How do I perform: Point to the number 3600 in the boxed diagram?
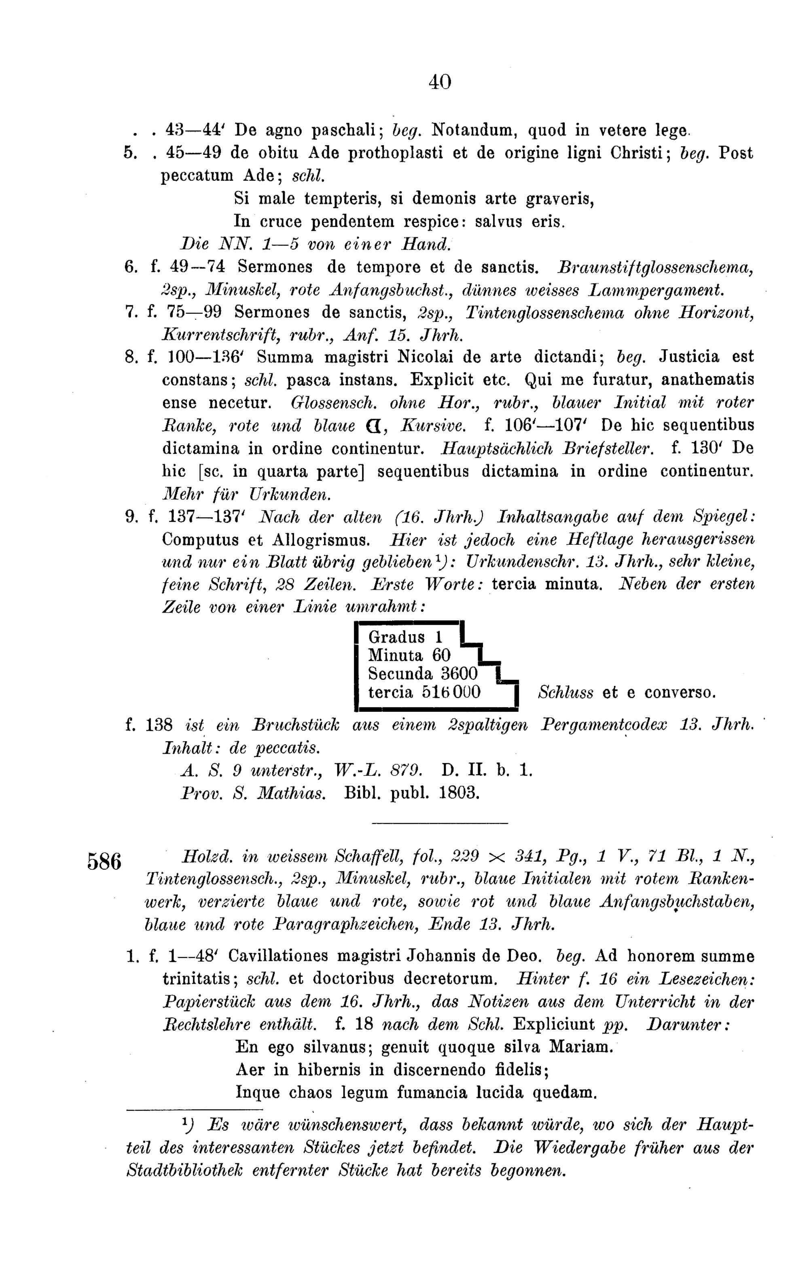click(x=459, y=673)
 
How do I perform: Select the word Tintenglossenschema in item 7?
click(x=545, y=312)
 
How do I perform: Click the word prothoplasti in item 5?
click(x=393, y=154)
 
